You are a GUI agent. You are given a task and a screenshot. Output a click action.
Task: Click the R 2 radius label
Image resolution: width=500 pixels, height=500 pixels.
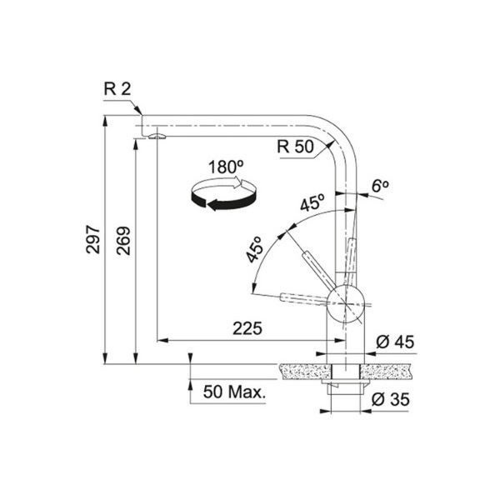117,89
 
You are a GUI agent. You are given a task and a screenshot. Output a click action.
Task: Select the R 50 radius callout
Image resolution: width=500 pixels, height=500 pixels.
295,147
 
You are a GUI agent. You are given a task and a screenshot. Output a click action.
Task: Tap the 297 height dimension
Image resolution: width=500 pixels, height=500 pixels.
93,239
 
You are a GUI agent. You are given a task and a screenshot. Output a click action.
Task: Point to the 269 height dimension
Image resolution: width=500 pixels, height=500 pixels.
123,241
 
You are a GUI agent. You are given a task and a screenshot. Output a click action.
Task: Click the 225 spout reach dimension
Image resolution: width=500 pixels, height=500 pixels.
247,328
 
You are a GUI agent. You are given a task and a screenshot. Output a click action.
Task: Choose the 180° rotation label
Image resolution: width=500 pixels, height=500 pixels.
226,167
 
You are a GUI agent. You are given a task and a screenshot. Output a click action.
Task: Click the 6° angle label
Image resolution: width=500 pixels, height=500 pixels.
380,186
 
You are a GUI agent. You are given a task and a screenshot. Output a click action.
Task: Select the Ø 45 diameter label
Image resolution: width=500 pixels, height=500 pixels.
395,342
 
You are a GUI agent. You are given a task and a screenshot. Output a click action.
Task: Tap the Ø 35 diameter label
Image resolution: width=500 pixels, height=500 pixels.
390,399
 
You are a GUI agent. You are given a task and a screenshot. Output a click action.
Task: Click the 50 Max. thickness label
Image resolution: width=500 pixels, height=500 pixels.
234,392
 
